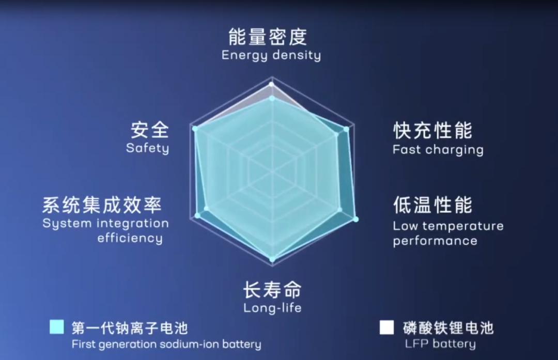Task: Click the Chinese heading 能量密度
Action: pyautogui.click(x=268, y=37)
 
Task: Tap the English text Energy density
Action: pyautogui.click(x=271, y=55)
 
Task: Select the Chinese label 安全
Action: pyautogui.click(x=150, y=130)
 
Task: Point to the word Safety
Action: pyautogui.click(x=147, y=148)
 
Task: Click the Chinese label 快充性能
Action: pyautogui.click(x=433, y=131)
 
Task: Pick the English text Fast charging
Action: pyautogui.click(x=438, y=150)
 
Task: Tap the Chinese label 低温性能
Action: pyautogui.click(x=433, y=205)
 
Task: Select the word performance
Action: pyautogui.click(x=435, y=241)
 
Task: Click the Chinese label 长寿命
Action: pyautogui.click(x=272, y=290)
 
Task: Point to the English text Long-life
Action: pyautogui.click(x=272, y=308)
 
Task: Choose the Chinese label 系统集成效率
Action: pyautogui.click(x=102, y=205)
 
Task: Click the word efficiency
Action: pyautogui.click(x=130, y=238)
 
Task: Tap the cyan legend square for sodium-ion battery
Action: pyautogui.click(x=57, y=327)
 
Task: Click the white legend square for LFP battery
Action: pyautogui.click(x=387, y=327)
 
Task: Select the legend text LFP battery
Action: pyautogui.click(x=440, y=344)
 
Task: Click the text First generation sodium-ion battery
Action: pyautogui.click(x=166, y=345)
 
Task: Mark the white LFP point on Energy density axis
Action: pyautogui.click(x=272, y=84)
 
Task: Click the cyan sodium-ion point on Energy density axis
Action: pyautogui.click(x=272, y=98)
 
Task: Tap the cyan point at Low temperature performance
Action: pyautogui.click(x=355, y=219)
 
